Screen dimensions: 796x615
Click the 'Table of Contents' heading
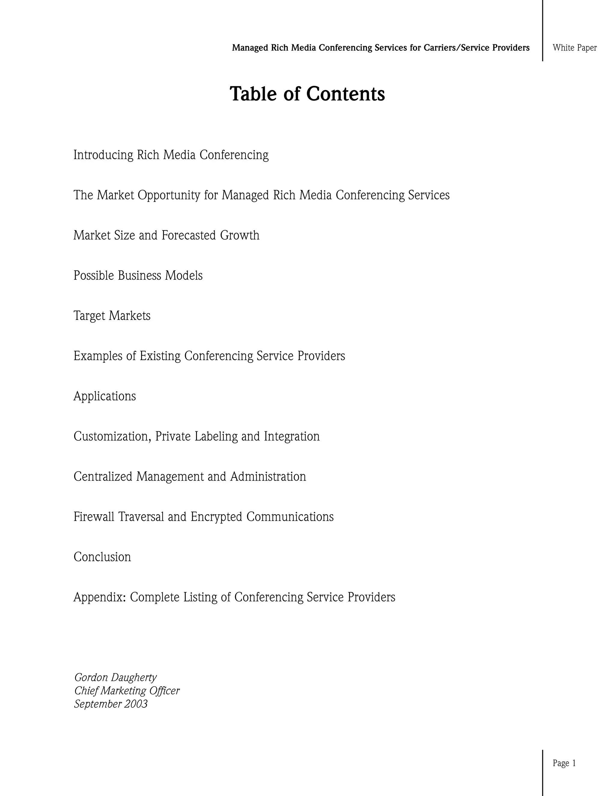307,94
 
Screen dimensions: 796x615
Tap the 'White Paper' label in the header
574,48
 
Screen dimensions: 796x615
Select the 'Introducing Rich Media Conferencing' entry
171,155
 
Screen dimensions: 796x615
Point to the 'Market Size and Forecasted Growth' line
166,235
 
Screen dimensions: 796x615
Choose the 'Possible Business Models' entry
138,275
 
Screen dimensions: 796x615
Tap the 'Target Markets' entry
112,316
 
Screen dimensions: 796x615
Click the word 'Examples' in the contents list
98,356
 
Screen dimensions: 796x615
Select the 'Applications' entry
105,396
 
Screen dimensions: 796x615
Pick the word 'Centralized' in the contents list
103,476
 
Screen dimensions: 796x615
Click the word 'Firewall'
94,517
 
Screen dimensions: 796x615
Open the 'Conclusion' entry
102,557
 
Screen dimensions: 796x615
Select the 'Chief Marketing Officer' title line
127,691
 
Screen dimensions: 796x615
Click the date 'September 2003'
111,704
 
